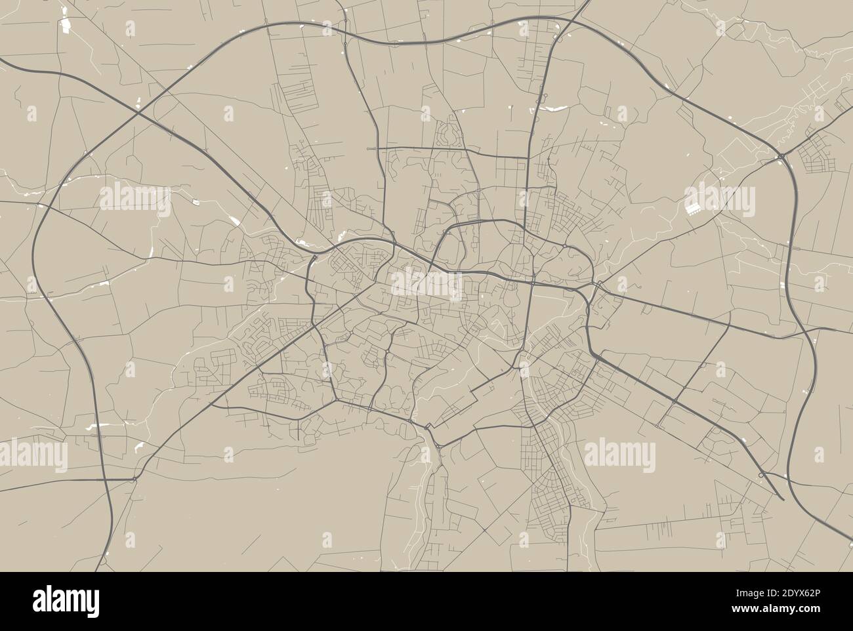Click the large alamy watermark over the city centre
(427, 283)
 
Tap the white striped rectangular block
(692, 209)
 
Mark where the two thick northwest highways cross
(138, 113)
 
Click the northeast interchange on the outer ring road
(782, 157)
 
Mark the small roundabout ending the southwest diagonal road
(134, 480)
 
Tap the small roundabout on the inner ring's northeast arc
(565, 245)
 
